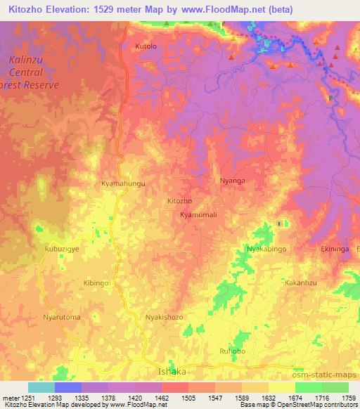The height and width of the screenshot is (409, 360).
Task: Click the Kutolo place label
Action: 146,46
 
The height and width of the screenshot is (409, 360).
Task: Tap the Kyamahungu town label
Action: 123,183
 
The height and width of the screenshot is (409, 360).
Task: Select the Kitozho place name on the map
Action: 180,201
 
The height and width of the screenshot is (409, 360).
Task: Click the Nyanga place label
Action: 233,181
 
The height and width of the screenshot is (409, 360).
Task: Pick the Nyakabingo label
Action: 266,249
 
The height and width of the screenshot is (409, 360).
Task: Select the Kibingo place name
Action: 96,282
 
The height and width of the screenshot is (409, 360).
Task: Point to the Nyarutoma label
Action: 62,317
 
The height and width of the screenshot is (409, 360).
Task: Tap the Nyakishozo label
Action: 164,317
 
